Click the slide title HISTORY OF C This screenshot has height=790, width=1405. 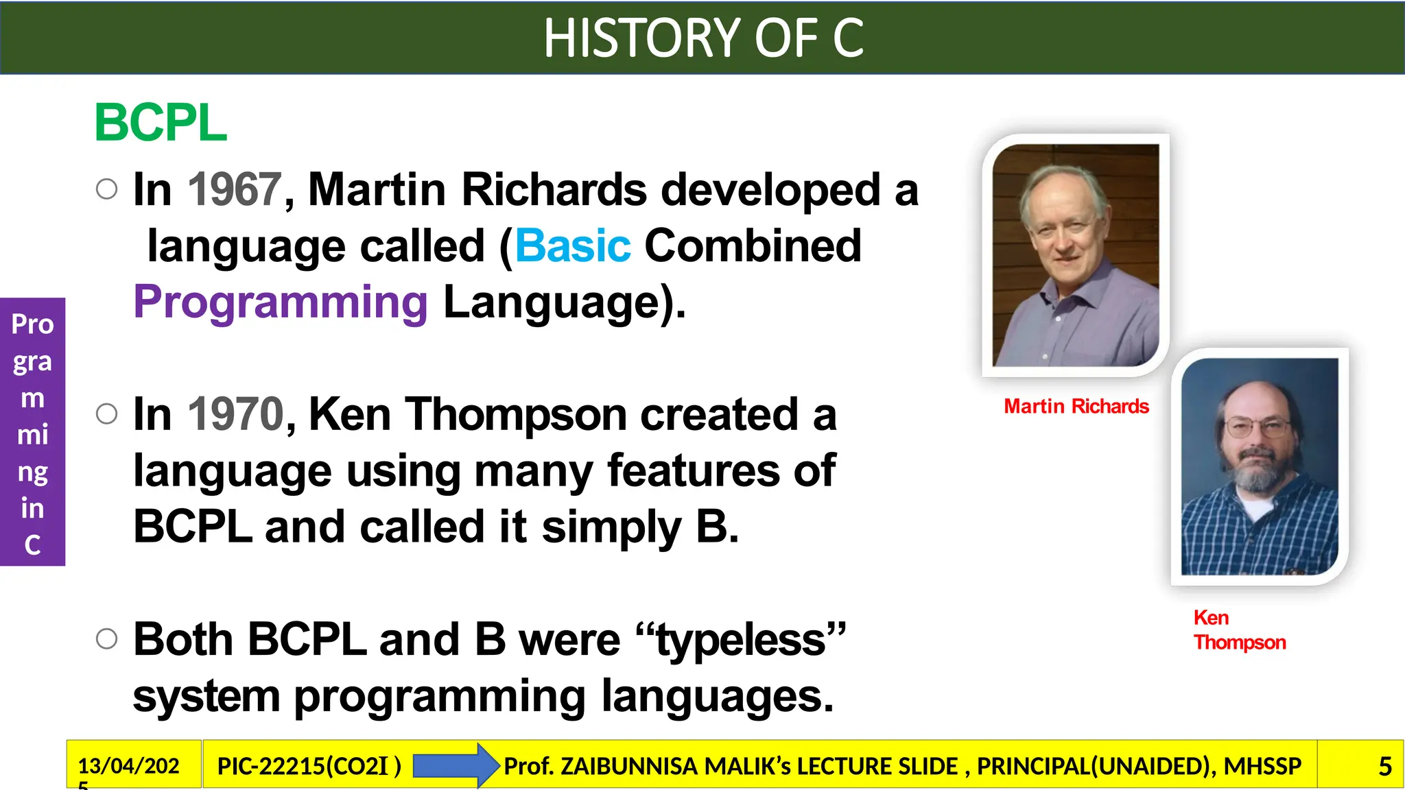pyautogui.click(x=702, y=38)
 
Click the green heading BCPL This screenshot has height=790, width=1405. pyautogui.click(x=161, y=123)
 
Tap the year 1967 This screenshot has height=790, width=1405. pyautogui.click(x=235, y=189)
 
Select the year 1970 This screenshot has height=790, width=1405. pyautogui.click(x=235, y=414)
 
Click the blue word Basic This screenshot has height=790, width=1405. pyautogui.click(x=572, y=246)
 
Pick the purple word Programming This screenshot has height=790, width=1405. pyautogui.click(x=281, y=302)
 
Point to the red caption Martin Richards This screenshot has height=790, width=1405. pyautogui.click(x=1076, y=407)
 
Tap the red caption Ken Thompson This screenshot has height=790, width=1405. pyautogui.click(x=1238, y=630)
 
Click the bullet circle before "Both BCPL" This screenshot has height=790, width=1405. pyautogui.click(x=107, y=638)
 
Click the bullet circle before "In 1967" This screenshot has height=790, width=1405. pyautogui.click(x=107, y=189)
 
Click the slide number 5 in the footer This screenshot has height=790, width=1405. pyautogui.click(x=1384, y=766)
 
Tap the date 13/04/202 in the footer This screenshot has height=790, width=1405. pyautogui.click(x=128, y=766)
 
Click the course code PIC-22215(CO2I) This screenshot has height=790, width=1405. pyautogui.click(x=309, y=766)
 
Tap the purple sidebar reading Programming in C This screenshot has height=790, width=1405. pyautogui.click(x=32, y=432)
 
